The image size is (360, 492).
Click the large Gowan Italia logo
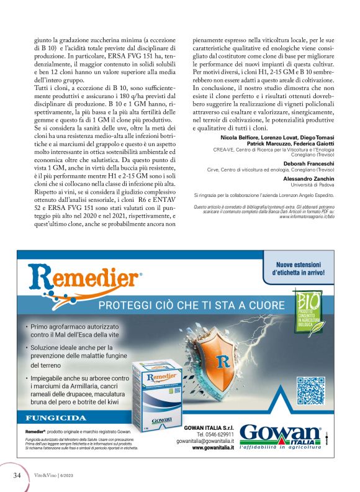coord(280,434)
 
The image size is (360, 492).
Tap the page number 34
coord(18,475)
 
